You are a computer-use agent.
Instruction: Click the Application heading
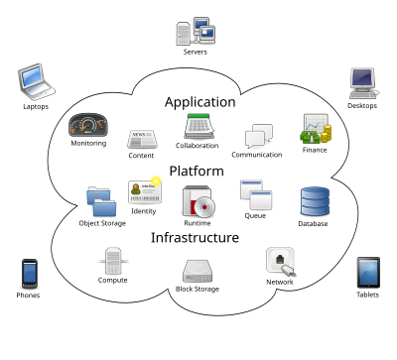[199, 102]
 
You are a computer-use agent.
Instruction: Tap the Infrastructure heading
[195, 238]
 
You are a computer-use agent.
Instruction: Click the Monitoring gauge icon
[87, 125]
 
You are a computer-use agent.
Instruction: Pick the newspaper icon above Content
[141, 139]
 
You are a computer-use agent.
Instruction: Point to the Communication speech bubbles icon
[258, 136]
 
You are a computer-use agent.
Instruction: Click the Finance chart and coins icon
[316, 128]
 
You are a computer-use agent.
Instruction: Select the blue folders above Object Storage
[101, 201]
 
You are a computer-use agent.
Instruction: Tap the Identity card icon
[143, 191]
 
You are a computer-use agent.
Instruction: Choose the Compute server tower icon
[112, 261]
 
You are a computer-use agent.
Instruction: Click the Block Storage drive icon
[198, 271]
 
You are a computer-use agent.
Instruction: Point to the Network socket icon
[279, 261]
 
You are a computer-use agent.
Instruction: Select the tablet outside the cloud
[368, 272]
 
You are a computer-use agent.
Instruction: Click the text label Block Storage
[198, 289]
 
